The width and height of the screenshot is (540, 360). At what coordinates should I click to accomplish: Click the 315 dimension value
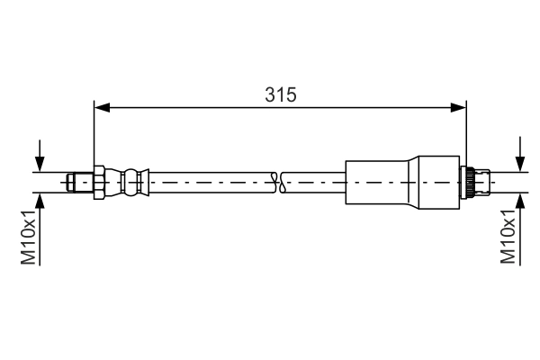pos(281,94)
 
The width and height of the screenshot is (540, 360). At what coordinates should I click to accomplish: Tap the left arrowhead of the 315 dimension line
pos(102,108)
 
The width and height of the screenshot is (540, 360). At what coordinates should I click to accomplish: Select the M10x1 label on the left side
pos(30,237)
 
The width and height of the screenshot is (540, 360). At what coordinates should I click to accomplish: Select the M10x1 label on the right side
pos(509,237)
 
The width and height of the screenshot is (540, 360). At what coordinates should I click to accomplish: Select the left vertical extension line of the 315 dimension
pos(94,135)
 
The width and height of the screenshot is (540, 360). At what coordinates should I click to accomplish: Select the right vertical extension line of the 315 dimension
pos(467,135)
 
